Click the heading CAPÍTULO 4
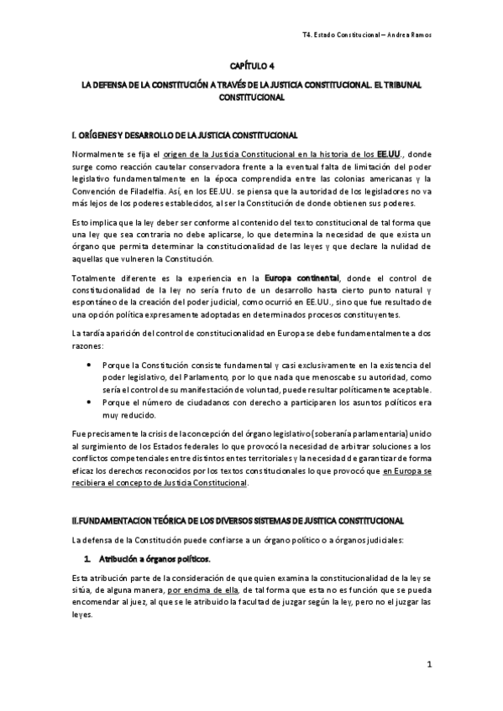click(x=251, y=65)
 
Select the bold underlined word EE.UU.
click(x=390, y=154)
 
